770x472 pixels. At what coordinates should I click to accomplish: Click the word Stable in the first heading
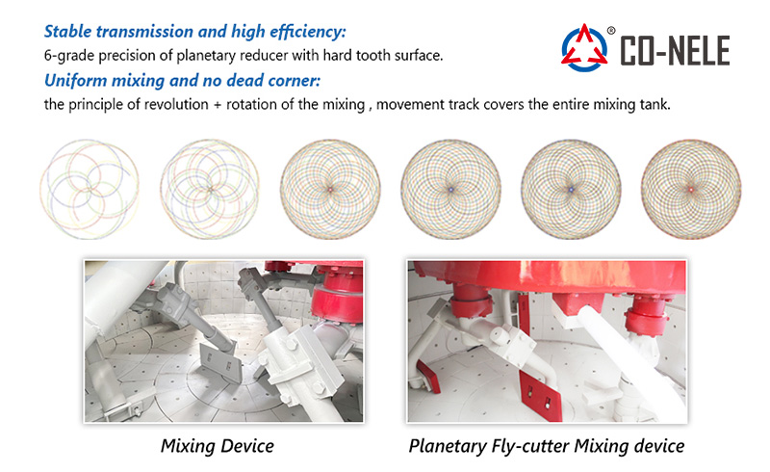pyautogui.click(x=69, y=33)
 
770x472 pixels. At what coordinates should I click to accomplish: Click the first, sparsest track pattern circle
pyautogui.click(x=89, y=186)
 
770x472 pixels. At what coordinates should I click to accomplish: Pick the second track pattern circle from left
pyautogui.click(x=209, y=186)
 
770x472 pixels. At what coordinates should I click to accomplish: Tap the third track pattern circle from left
pyautogui.click(x=330, y=188)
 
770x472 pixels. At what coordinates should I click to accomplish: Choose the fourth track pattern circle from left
pyautogui.click(x=450, y=188)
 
